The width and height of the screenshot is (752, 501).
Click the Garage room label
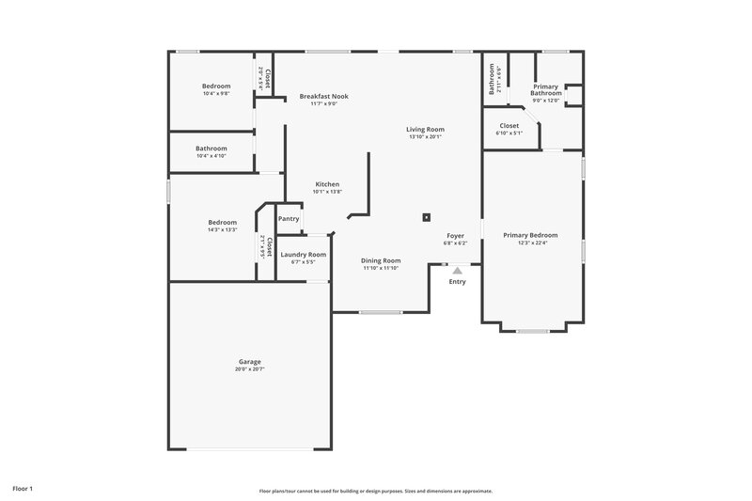click(x=249, y=361)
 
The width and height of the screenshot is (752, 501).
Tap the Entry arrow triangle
click(x=457, y=270)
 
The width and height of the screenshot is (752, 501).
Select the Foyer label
click(x=455, y=236)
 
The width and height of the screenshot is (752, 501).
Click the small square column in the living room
click(x=427, y=216)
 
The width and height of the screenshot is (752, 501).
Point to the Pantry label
click(x=289, y=219)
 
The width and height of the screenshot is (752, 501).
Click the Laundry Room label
click(x=304, y=255)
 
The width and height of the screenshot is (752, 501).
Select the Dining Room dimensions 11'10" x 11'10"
click(x=382, y=268)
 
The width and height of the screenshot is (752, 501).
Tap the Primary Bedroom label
click(x=530, y=235)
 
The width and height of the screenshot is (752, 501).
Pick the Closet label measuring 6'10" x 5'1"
click(x=509, y=133)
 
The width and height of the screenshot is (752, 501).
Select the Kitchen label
click(x=327, y=184)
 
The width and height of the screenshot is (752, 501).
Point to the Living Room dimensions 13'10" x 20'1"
click(x=425, y=137)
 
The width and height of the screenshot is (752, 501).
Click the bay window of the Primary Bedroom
click(x=532, y=331)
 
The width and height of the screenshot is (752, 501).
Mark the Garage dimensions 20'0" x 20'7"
click(x=249, y=369)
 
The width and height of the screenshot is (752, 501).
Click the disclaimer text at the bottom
click(x=376, y=491)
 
